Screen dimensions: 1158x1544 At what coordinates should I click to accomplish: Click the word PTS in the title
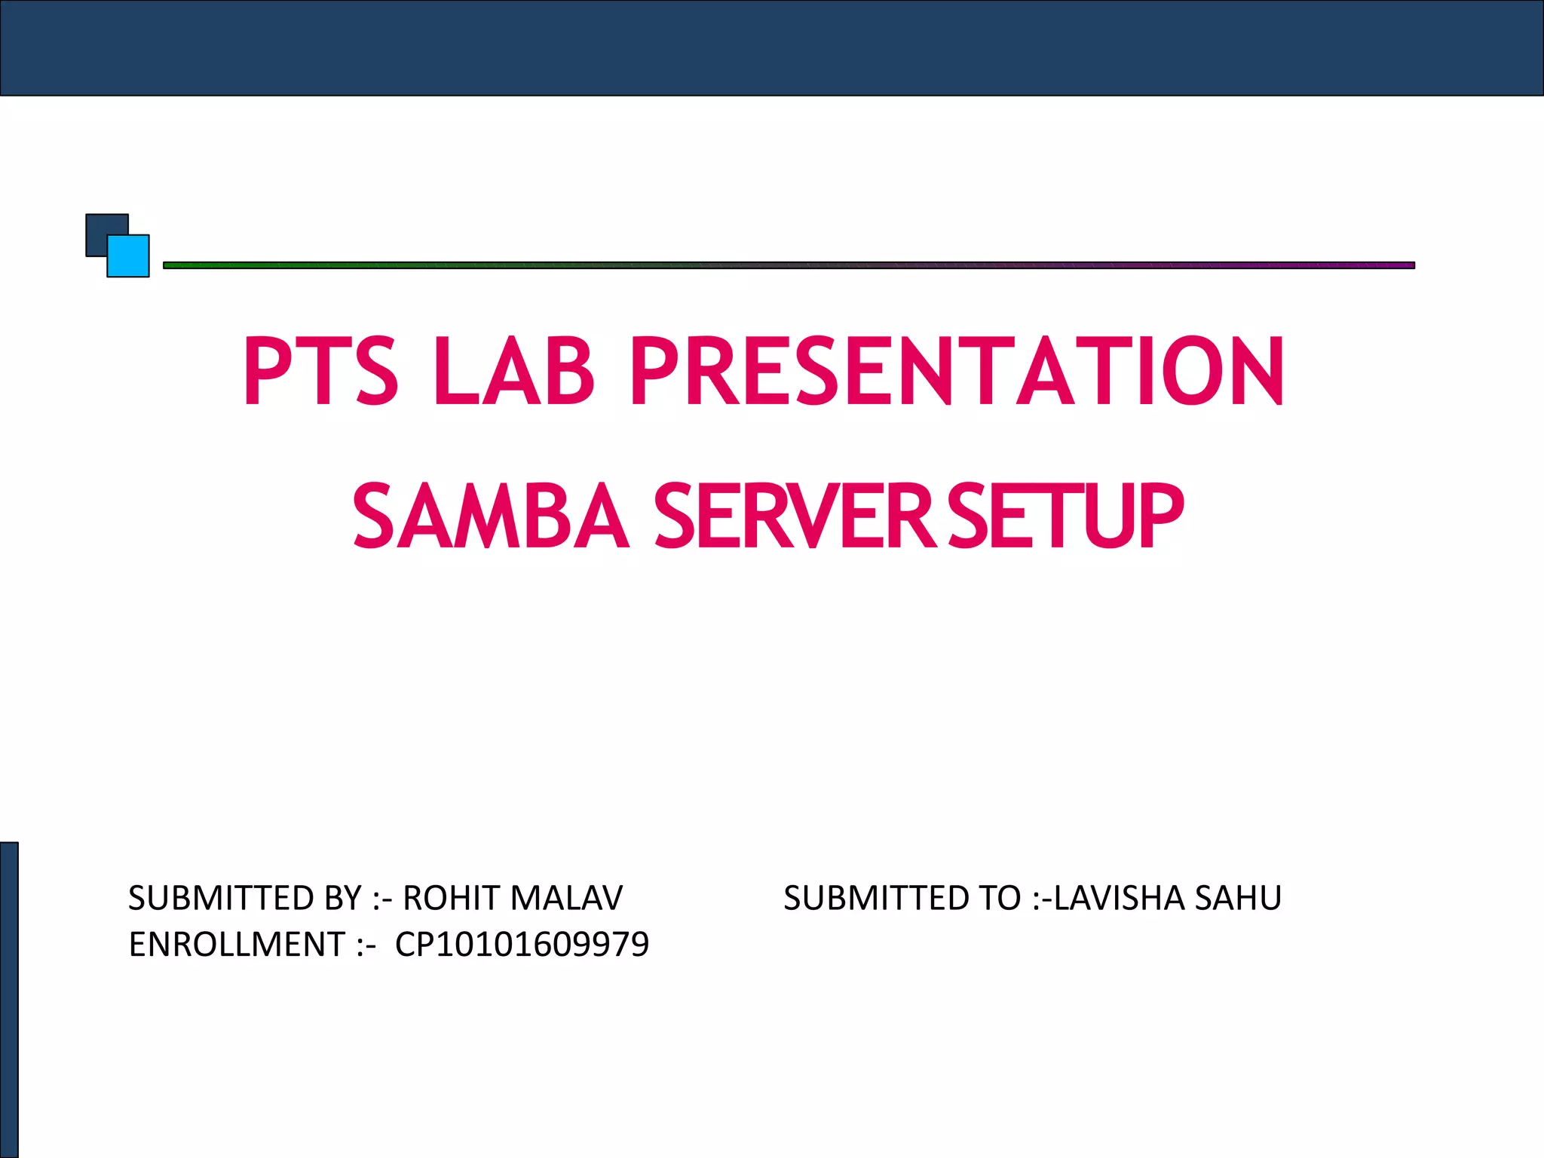(320, 371)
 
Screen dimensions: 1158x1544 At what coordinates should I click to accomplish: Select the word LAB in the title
(513, 371)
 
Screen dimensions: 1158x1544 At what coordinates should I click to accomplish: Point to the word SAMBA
(490, 516)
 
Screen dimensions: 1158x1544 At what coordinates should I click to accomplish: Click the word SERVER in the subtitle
(795, 516)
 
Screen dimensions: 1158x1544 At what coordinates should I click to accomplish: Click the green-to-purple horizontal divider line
(789, 265)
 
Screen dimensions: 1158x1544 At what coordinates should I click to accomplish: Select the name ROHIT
(452, 898)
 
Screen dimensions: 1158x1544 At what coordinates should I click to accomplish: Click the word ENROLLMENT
(237, 945)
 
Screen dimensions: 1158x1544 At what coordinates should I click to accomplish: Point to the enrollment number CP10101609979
(522, 945)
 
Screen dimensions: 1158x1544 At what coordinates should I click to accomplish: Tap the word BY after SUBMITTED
(344, 898)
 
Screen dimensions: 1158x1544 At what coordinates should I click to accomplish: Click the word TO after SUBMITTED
(999, 898)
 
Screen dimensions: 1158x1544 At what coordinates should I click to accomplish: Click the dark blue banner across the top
(772, 47)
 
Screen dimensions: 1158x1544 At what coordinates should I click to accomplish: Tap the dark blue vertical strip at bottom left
(9, 1000)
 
